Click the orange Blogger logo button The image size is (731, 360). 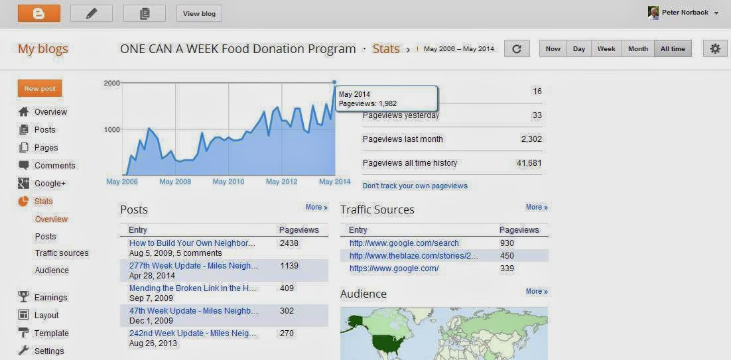coord(38,13)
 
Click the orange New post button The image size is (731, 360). coord(40,89)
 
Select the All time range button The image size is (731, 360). coord(673,49)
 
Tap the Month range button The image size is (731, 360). coord(637,49)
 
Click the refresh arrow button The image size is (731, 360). coord(517,49)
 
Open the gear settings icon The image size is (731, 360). coord(714,49)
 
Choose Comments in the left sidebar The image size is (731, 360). coord(54,166)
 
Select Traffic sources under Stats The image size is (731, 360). coord(62,253)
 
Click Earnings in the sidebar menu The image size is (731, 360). coord(51,298)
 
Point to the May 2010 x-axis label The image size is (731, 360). coord(228,182)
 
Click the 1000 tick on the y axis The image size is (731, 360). coord(111,130)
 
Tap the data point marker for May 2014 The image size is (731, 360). coord(334,83)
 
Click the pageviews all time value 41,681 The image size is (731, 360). coord(529,163)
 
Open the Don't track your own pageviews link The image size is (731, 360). coord(415,186)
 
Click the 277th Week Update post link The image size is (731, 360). coord(194,266)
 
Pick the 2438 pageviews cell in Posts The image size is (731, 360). coord(289,243)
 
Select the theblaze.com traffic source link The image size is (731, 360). coord(413,256)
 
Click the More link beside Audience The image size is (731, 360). coord(537,292)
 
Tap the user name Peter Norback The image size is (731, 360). coord(685,13)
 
